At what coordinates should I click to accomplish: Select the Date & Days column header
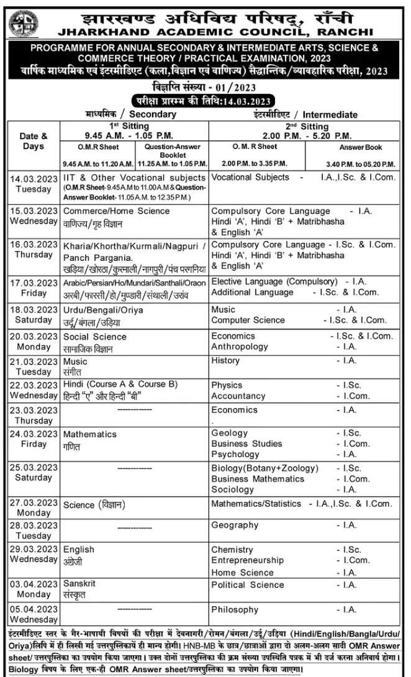[x=34, y=141]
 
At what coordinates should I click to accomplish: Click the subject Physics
[x=227, y=385]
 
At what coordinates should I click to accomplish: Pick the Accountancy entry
[x=238, y=396]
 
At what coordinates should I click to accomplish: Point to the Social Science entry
[x=94, y=337]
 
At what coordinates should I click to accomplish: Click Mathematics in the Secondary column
[x=89, y=434]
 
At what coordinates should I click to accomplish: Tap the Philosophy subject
[x=235, y=609]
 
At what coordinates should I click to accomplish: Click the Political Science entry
[x=247, y=584]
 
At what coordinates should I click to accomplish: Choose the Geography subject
[x=235, y=525]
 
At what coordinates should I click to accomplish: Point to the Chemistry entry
[x=232, y=550]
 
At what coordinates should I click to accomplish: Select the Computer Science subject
[x=248, y=320]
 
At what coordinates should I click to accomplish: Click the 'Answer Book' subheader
[x=359, y=148]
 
